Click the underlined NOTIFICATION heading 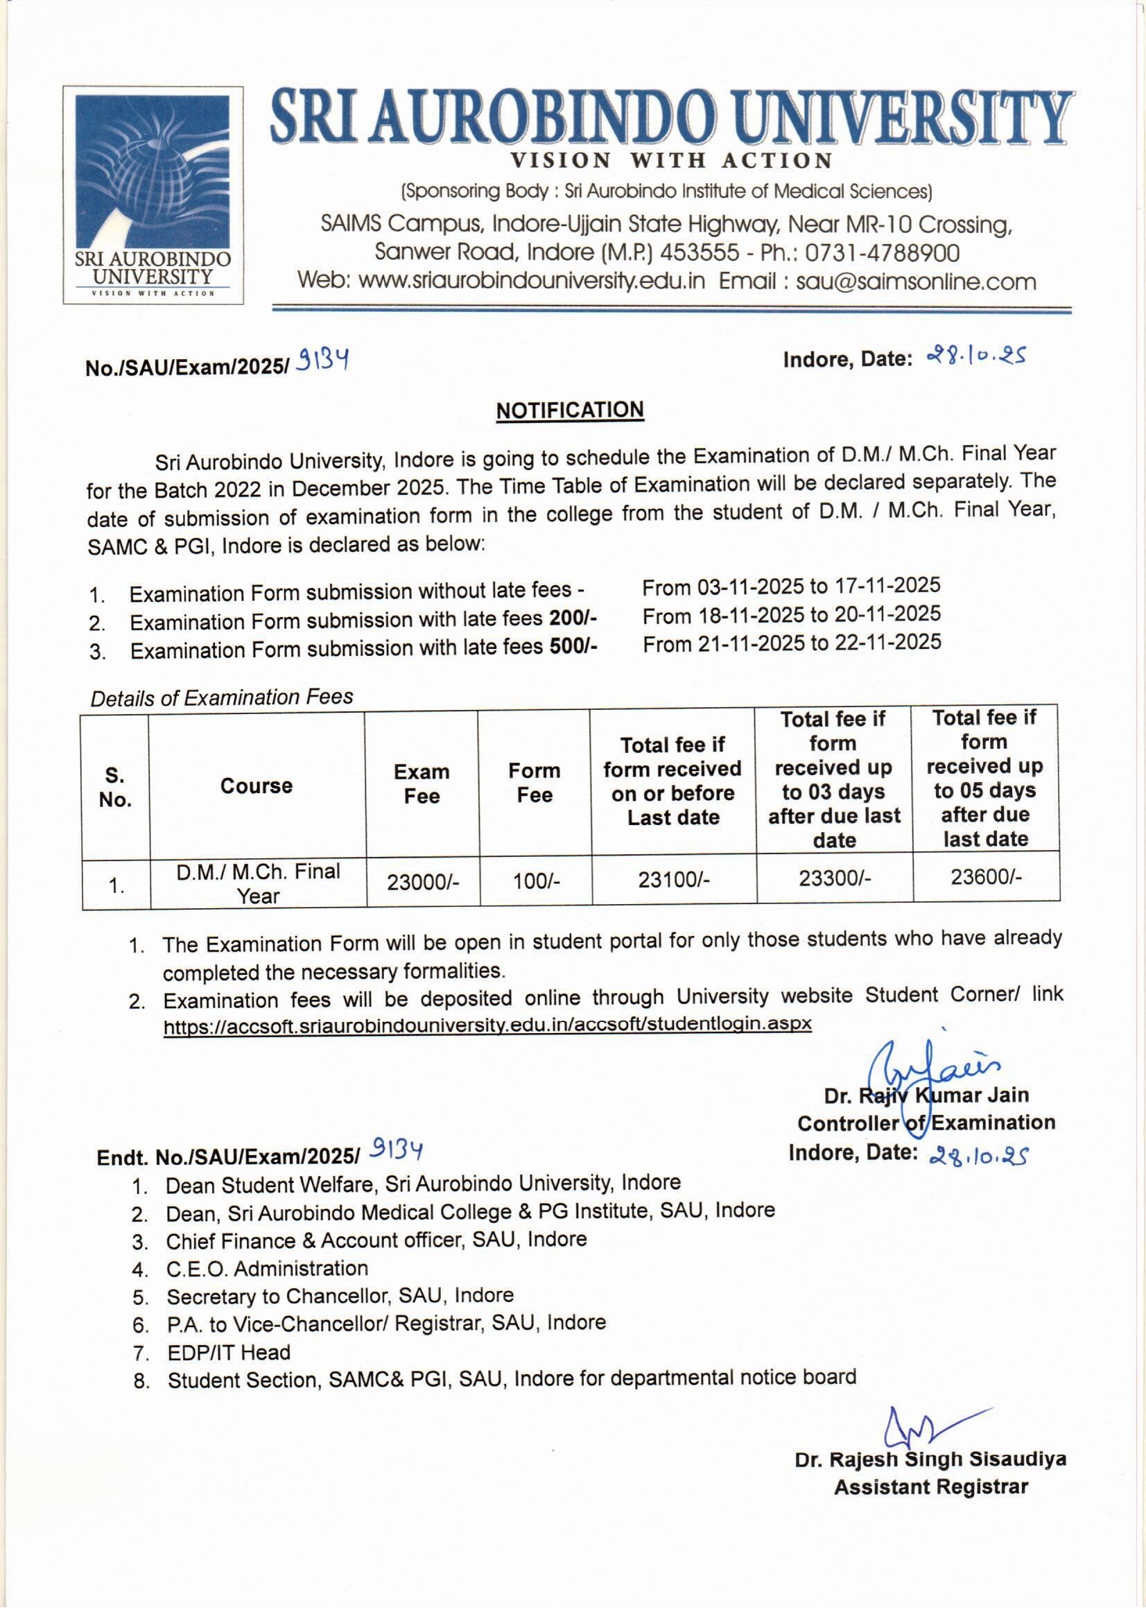(569, 411)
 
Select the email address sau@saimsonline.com (916, 281)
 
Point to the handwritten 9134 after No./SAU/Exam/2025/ (322, 363)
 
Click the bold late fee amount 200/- (573, 618)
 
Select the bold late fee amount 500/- (573, 646)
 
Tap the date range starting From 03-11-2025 (791, 586)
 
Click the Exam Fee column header (422, 783)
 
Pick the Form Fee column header (535, 782)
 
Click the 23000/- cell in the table (422, 882)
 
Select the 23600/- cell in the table (986, 877)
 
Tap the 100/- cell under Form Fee (536, 881)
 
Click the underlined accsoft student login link (487, 1025)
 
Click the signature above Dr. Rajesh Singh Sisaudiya (925, 1425)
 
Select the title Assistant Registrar (930, 1488)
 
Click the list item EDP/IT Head (228, 1352)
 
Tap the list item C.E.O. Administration (267, 1268)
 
